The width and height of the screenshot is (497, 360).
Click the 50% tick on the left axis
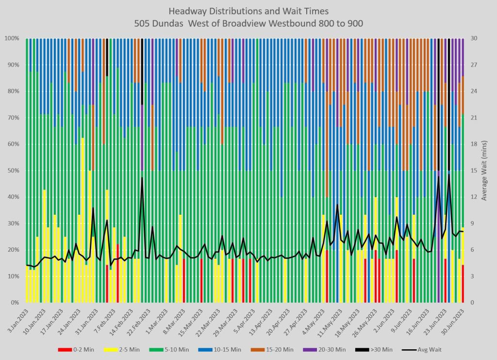tap(12, 171)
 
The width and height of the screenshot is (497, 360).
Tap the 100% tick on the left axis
tap(11, 38)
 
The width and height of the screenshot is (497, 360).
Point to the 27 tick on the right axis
tap(472, 65)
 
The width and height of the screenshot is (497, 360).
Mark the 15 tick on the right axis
tap(472, 171)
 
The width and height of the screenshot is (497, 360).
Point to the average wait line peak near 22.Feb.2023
tap(142, 178)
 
